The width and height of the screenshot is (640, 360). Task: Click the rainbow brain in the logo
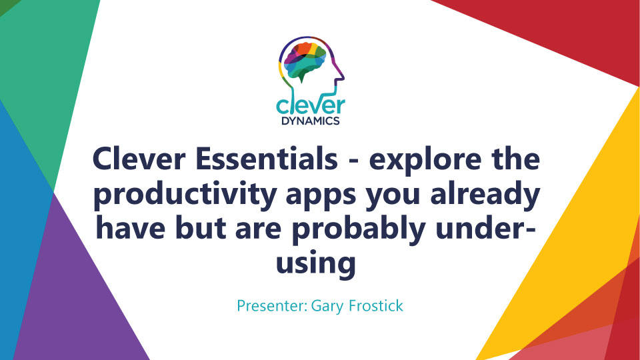click(x=305, y=61)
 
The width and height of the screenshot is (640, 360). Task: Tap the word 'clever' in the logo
click(x=311, y=105)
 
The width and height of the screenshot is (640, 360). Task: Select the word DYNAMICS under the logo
click(x=311, y=121)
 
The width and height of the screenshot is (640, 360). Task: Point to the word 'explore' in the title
click(x=425, y=159)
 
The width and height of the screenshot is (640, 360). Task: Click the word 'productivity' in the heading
click(x=185, y=194)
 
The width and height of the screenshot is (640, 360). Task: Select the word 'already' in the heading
click(x=485, y=194)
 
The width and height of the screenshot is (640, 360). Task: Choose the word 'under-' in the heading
click(x=485, y=229)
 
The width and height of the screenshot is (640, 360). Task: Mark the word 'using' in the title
click(x=315, y=265)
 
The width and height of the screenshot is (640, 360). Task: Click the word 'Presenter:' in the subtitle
click(x=272, y=306)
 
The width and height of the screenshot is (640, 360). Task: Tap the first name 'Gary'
click(x=327, y=306)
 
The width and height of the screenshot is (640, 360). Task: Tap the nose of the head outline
click(x=343, y=76)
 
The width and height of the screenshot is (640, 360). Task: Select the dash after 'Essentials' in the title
click(x=353, y=161)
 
